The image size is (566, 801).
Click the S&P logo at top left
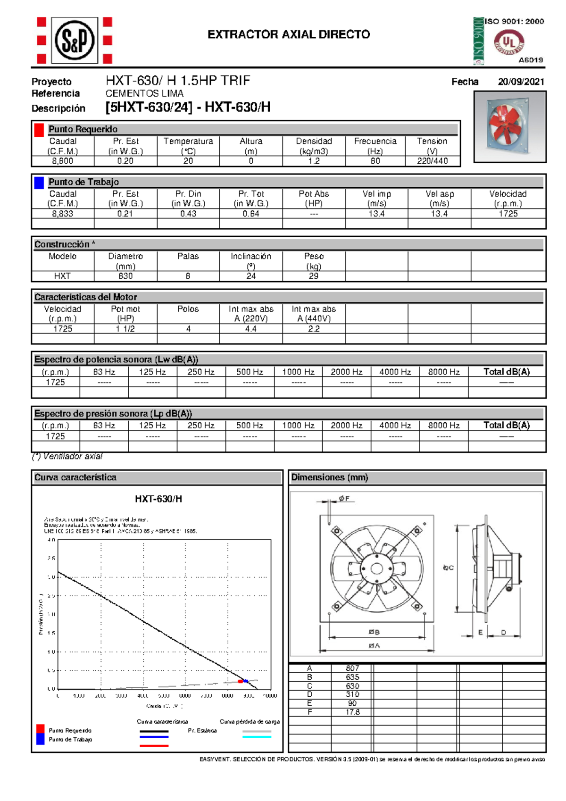75,41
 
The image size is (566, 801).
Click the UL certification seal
508,42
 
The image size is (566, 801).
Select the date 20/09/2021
521,82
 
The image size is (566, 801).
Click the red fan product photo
509,126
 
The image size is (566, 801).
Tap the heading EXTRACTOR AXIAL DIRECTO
289,34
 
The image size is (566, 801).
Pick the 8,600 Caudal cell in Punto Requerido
63,161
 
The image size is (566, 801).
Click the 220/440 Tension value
432,161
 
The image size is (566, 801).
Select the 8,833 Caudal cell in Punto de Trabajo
63,214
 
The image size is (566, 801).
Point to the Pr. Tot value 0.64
251,214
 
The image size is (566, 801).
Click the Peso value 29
314,276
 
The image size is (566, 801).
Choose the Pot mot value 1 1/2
125,329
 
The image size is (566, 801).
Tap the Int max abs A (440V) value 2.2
314,329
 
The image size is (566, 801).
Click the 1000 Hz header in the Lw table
298,372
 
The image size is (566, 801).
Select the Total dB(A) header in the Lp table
507,426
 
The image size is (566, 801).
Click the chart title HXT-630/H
158,499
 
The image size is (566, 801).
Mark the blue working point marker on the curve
246,681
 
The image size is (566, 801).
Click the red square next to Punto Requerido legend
41,729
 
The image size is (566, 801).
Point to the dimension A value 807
352,668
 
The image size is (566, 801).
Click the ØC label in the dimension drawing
448,567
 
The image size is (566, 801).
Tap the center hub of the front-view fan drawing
376,568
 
